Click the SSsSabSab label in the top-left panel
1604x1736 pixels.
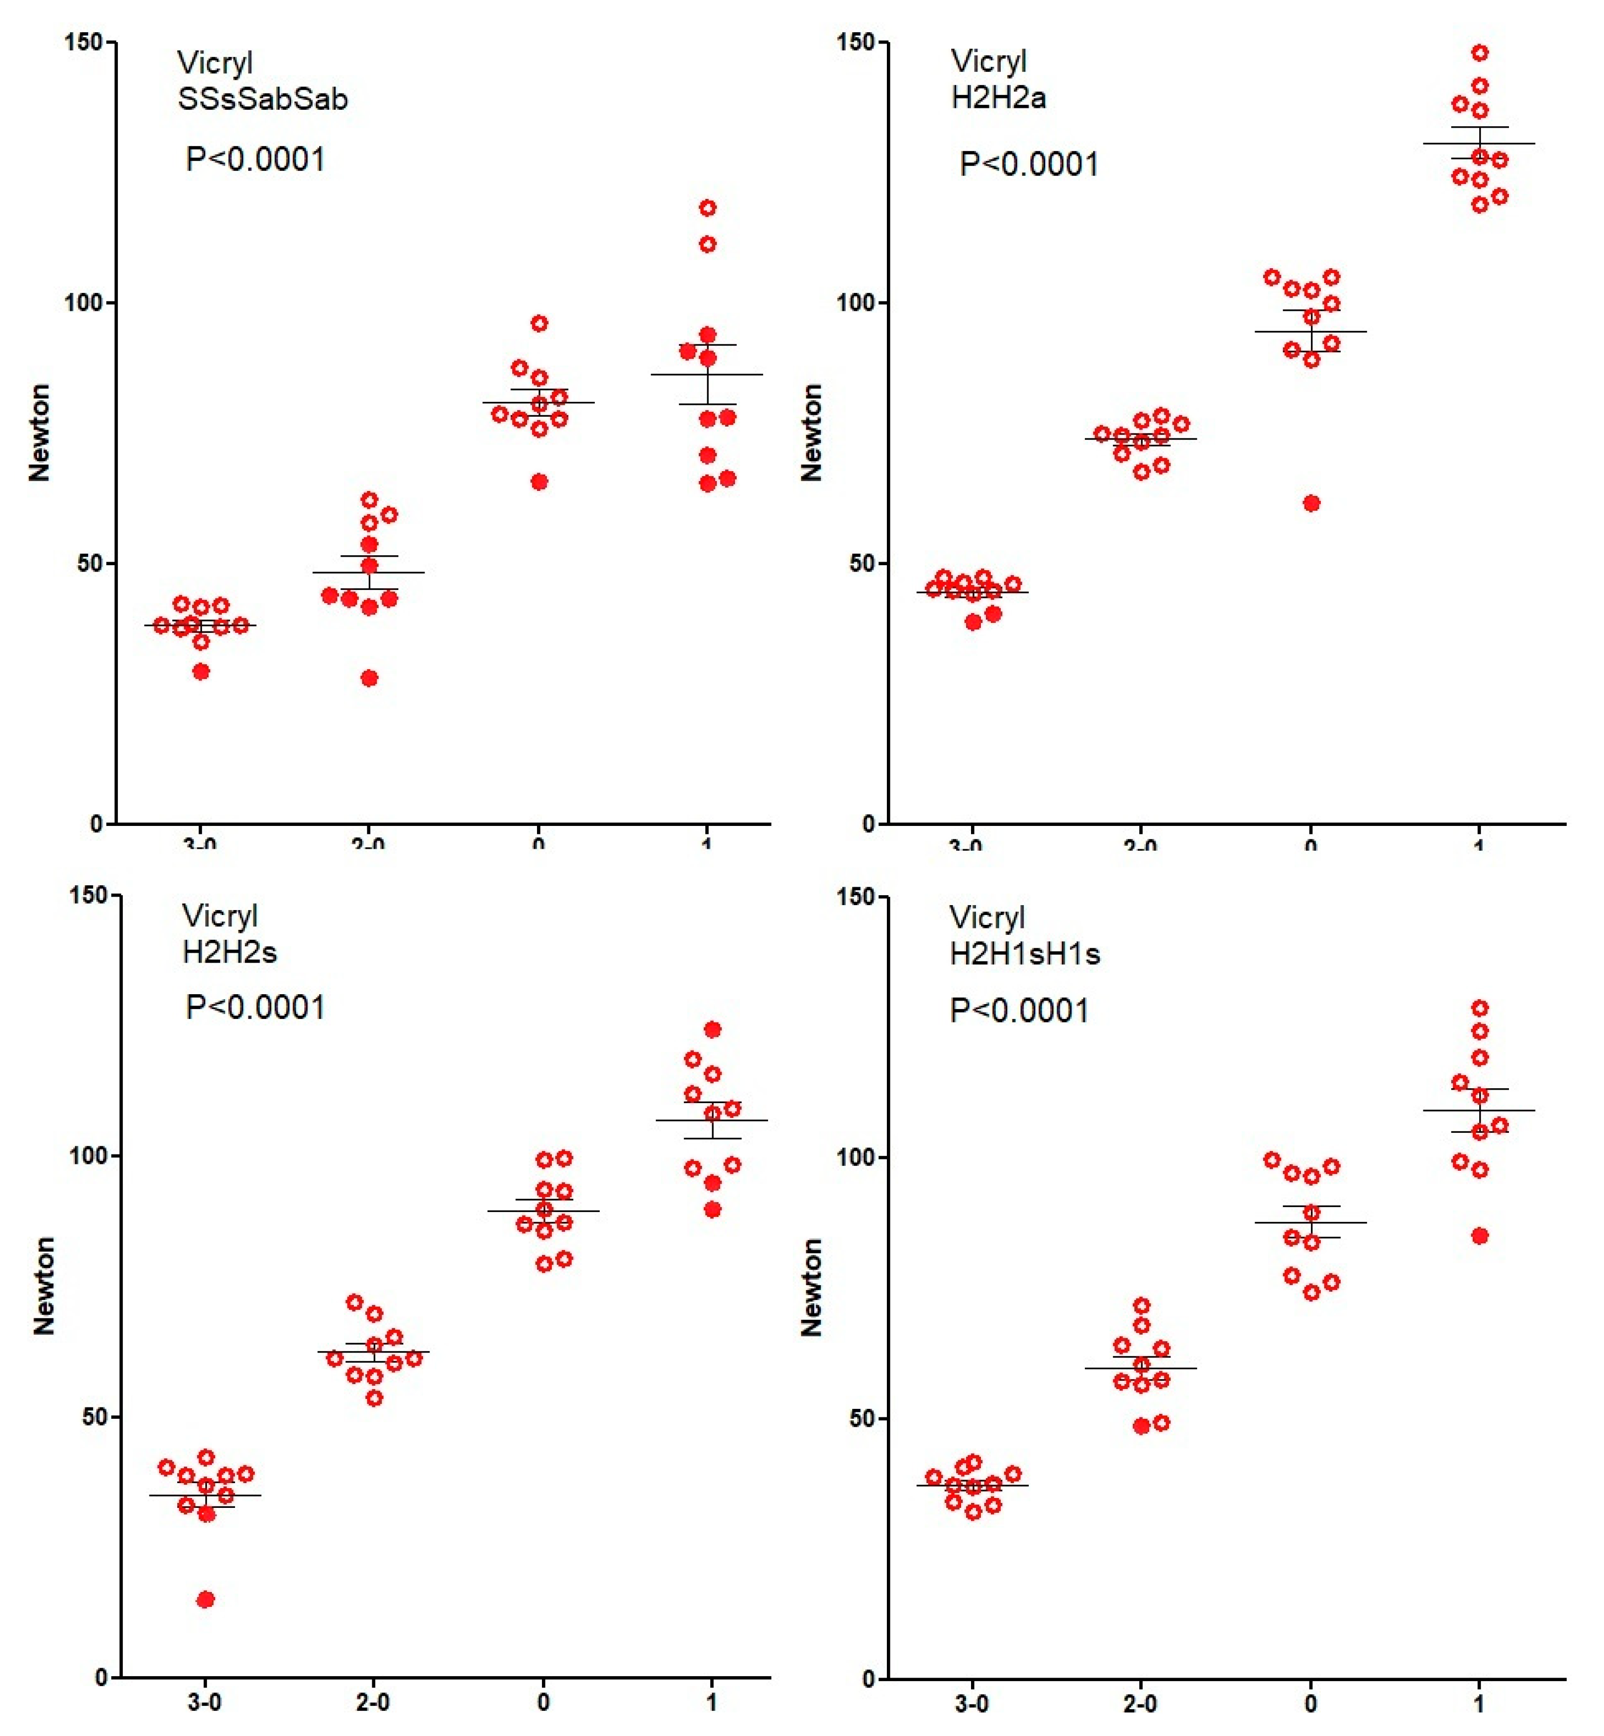tap(262, 99)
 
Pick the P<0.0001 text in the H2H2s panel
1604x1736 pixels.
tap(255, 1007)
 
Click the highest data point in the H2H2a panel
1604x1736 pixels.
tap(1480, 53)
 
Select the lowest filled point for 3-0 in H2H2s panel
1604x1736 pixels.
tap(206, 1599)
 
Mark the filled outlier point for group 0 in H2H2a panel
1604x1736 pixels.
tap(1312, 503)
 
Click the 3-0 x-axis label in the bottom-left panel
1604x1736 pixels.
tap(205, 1702)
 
